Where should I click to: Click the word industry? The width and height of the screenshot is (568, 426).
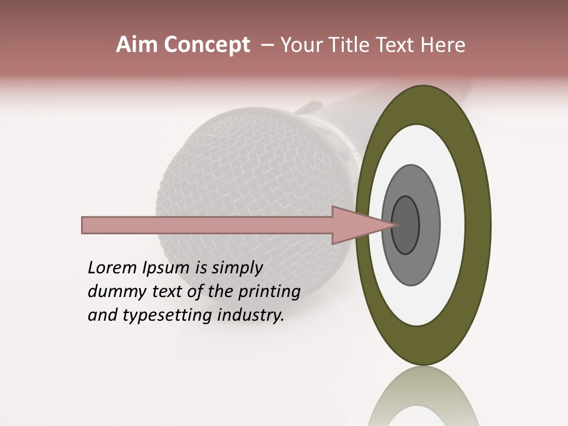click(x=251, y=315)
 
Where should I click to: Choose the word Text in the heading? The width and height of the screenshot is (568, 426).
click(x=400, y=45)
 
